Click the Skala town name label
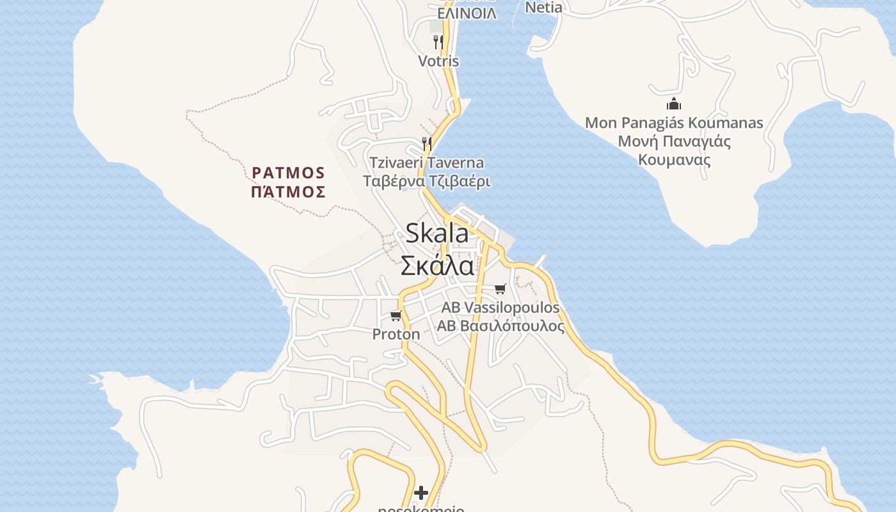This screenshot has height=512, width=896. tap(437, 234)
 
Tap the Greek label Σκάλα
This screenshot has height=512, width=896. tap(437, 265)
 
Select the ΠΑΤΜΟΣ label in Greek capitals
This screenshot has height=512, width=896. tap(289, 192)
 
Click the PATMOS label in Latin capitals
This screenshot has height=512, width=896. tap(289, 173)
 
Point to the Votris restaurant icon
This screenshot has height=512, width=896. tap(438, 42)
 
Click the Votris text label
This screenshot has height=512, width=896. tap(438, 61)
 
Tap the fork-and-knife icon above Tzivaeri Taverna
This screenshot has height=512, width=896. tap(427, 143)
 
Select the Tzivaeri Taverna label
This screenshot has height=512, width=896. tap(427, 163)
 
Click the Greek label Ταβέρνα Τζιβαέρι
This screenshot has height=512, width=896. tap(427, 181)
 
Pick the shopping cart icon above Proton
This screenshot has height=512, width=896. tap(396, 316)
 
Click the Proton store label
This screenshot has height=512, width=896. tap(396, 334)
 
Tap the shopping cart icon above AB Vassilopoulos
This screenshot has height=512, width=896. tap(500, 289)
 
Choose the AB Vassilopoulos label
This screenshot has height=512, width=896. tap(500, 308)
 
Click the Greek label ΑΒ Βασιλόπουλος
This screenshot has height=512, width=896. tap(500, 326)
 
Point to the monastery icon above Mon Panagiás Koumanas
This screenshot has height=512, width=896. tap(674, 104)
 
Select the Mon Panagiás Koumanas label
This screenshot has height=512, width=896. tap(674, 122)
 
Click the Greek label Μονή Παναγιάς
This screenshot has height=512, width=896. tap(674, 141)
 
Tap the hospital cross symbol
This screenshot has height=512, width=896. tap(421, 493)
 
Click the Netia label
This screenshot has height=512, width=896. tap(543, 8)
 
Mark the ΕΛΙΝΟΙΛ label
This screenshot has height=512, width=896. tap(467, 13)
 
